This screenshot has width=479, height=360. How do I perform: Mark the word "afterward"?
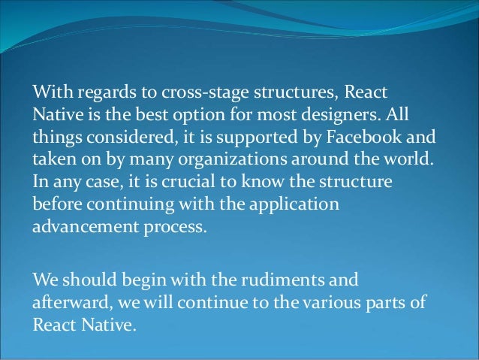[x=65, y=303]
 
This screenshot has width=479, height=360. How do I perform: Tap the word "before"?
[x=56, y=205]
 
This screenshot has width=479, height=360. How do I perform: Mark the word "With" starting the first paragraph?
[x=47, y=92]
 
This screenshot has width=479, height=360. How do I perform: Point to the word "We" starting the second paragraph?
[x=43, y=280]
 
